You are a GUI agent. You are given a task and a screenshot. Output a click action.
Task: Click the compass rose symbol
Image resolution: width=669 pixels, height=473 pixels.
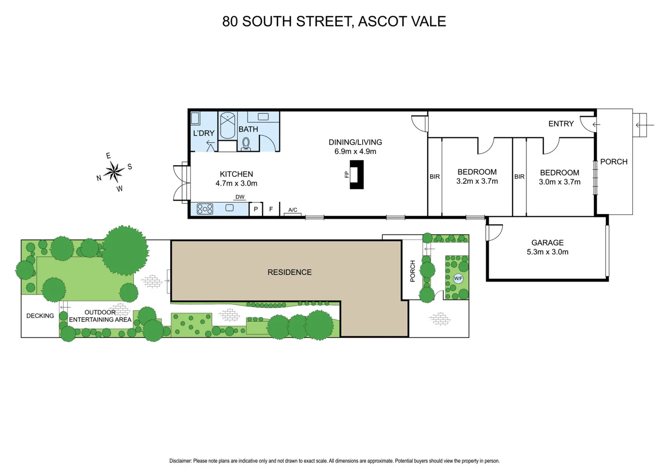pos(114,172)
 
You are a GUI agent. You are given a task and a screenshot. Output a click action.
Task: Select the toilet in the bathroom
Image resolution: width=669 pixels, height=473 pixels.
pos(246,143)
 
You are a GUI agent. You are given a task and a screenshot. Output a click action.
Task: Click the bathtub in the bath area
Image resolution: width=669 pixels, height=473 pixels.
pos(228,125)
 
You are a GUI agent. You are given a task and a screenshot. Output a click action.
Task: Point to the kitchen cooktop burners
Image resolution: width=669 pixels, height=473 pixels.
pos(205,209)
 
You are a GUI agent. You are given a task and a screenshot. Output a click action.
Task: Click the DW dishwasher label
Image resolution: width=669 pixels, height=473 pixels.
pos(240,197)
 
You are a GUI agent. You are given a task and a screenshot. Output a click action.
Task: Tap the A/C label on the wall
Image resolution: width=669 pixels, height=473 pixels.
pos(293,210)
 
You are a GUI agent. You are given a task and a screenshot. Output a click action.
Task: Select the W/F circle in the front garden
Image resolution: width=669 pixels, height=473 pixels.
pos(458,279)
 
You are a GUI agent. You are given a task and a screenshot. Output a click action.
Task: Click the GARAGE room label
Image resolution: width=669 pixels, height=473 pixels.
pos(547,243)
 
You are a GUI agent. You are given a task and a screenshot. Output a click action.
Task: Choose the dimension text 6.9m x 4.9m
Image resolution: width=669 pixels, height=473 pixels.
pos(355,152)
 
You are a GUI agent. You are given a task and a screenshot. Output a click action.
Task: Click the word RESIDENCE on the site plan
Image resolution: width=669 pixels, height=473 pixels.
pos(289,272)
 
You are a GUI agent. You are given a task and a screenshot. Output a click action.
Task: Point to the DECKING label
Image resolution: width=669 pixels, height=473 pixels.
pos(40,316)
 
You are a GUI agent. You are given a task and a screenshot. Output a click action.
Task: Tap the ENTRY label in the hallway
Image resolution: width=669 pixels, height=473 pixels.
pos(561,124)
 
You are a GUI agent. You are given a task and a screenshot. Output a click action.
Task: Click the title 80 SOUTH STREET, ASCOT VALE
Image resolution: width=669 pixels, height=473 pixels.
pos(334,21)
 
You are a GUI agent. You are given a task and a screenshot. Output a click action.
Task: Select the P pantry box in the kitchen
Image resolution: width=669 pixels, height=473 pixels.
pos(256,209)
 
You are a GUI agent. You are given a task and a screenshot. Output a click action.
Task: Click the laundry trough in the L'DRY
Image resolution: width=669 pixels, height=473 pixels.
pos(195,118)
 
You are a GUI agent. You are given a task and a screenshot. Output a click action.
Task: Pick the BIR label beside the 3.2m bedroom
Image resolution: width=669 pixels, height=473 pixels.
pos(435,177)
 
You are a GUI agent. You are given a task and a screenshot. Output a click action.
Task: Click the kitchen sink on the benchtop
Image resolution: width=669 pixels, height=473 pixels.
pos(229,208)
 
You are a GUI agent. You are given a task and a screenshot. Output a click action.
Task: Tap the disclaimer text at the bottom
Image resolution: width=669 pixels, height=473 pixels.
pos(334,461)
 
